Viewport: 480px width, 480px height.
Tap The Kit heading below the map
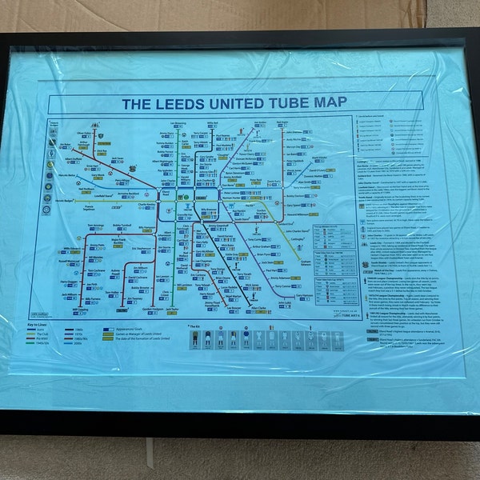(197, 326)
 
